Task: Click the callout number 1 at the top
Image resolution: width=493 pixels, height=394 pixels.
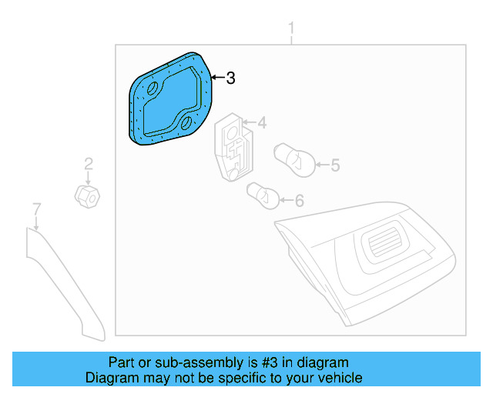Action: [x=291, y=29]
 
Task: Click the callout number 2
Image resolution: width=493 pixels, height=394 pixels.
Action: [x=89, y=163]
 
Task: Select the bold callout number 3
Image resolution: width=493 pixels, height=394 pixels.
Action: [x=230, y=78]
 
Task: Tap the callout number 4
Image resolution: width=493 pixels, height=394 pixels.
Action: [x=262, y=122]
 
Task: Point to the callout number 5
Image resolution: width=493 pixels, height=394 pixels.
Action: [x=334, y=165]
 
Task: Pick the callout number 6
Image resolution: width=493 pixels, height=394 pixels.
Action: [x=299, y=201]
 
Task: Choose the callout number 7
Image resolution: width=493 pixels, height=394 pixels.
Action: [x=35, y=208]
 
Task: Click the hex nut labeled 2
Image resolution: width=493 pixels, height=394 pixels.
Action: [x=86, y=196]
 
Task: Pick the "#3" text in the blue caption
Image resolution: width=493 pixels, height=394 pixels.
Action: [x=260, y=362]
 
